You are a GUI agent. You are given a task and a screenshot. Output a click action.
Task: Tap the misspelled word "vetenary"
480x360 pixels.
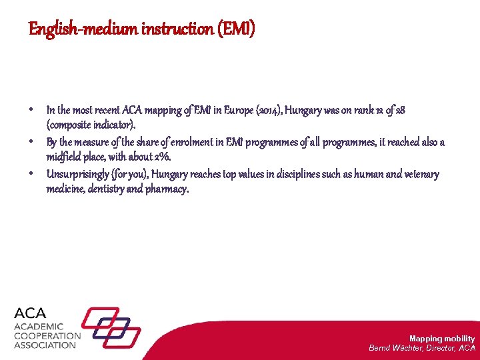419,174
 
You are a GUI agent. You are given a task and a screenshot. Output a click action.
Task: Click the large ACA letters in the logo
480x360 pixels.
31,313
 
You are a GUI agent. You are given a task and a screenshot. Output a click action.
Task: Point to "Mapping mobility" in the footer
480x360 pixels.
442,339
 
